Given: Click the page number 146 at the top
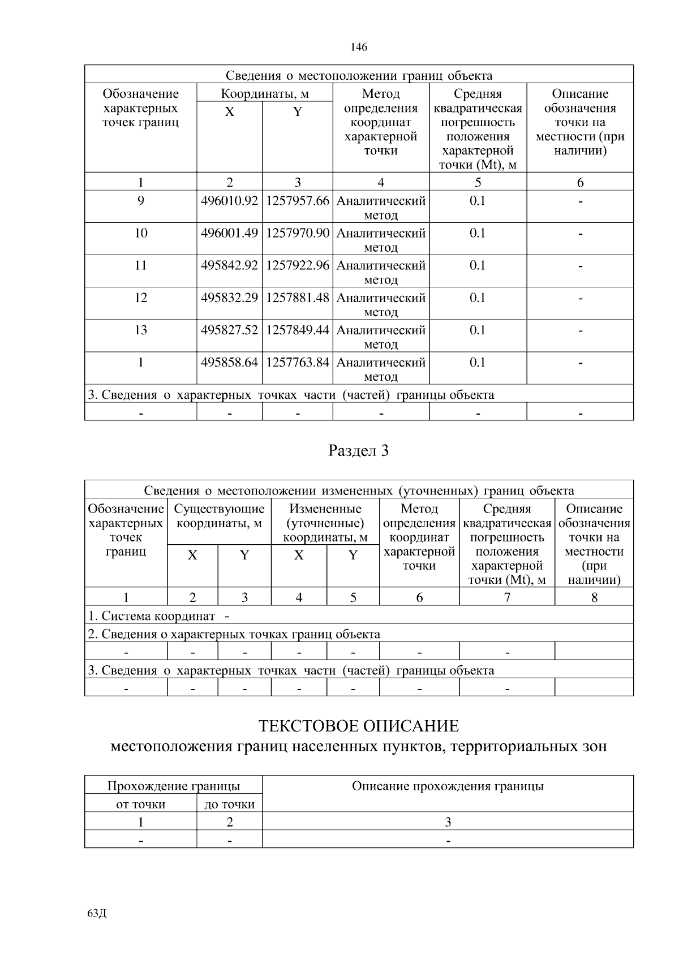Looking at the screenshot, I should tap(359, 47).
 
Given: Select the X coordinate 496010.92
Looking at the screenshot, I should tap(229, 201).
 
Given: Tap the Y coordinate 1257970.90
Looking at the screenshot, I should tap(298, 233).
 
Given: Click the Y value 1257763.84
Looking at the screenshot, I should tap(298, 362).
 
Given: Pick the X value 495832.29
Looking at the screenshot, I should tap(229, 298).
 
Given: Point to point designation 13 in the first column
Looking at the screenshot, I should tap(140, 330).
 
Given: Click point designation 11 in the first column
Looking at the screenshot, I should tap(140, 265).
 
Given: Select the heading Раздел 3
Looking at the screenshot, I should tap(359, 451).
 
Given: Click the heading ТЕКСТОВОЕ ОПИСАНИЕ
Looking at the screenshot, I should tap(359, 726).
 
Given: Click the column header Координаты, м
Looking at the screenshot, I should tap(265, 93).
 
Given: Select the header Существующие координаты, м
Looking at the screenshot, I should tap(219, 516).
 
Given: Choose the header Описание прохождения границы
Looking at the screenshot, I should tap(448, 786).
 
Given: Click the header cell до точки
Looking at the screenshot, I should tap(229, 804).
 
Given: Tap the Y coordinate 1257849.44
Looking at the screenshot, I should tap(298, 330).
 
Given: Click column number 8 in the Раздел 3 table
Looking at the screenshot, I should tap(594, 597).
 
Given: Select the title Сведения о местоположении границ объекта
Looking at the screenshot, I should tap(359, 75).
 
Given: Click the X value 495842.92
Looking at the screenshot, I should tap(229, 265).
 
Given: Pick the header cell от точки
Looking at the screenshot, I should tap(140, 804).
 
